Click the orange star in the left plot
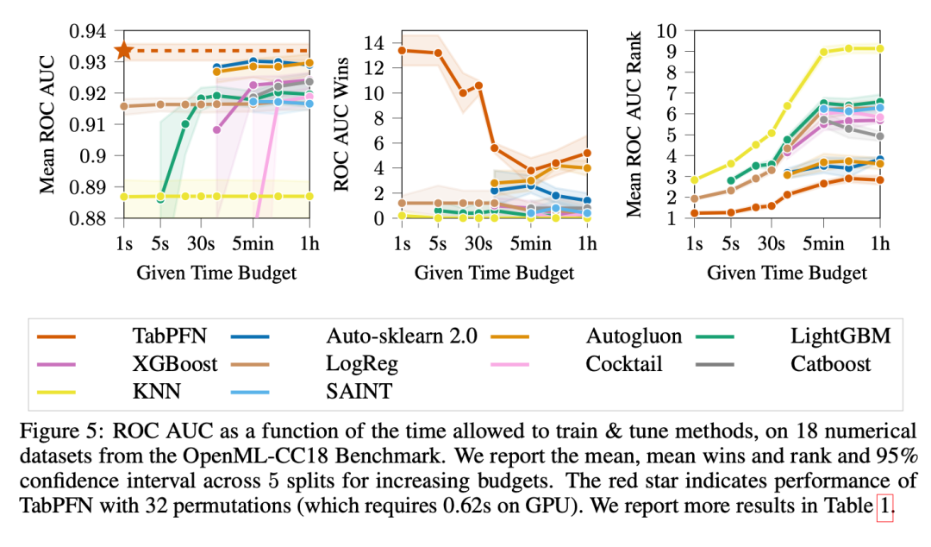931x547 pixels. (124, 51)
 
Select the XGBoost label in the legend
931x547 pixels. (171, 363)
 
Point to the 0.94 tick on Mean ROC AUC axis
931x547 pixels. (85, 31)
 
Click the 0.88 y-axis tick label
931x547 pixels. (85, 219)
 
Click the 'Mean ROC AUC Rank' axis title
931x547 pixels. (638, 125)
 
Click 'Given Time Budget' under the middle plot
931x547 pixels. (494, 273)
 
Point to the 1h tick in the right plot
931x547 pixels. (879, 244)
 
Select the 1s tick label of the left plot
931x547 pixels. (124, 244)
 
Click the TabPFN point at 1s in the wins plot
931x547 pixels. (401, 51)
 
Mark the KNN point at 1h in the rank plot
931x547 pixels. (879, 48)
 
